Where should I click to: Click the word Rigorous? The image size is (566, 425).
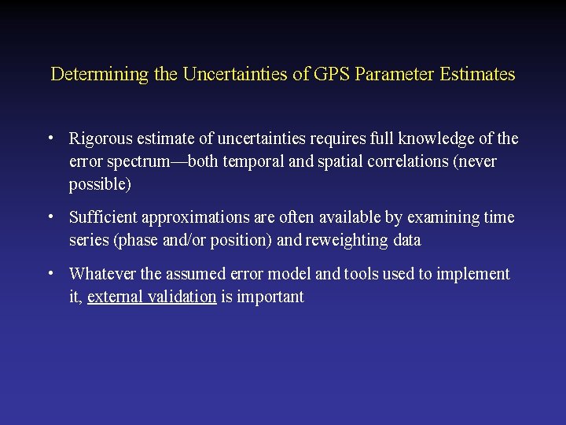[x=101, y=139]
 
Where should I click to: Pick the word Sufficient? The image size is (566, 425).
[x=103, y=218]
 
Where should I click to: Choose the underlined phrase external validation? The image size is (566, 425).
[x=152, y=297]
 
